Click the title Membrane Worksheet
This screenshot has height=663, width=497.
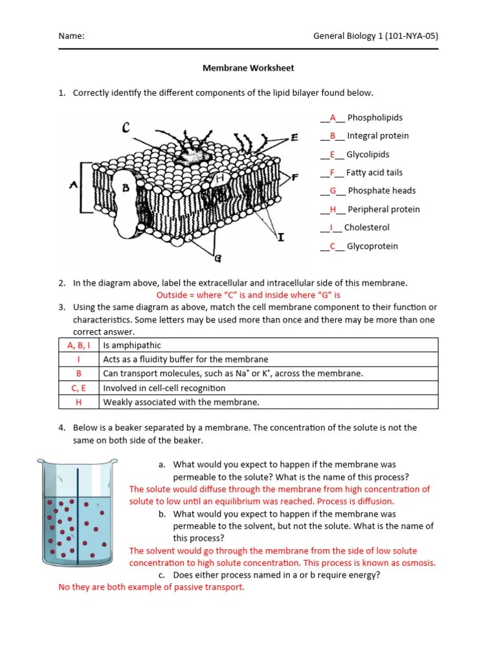[248, 67]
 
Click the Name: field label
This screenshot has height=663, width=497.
[71, 36]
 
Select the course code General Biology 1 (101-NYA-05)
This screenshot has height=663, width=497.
[375, 36]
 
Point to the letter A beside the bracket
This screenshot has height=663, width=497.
[74, 185]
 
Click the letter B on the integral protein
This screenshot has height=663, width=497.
[127, 187]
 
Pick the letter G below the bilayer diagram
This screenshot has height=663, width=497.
[217, 258]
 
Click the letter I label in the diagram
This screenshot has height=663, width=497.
[280, 238]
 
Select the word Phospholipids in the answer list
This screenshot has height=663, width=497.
[375, 118]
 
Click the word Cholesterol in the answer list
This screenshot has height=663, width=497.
[366, 227]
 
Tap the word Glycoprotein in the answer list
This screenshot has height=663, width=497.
[372, 246]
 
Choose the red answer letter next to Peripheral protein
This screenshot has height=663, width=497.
[333, 209]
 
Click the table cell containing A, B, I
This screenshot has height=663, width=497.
[79, 345]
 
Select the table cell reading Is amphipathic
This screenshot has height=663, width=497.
[132, 345]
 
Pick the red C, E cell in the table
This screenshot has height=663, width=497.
[79, 388]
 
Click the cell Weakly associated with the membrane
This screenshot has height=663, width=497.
[181, 402]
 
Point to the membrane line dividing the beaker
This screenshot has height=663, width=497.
[78, 511]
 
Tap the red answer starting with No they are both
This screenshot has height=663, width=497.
[151, 587]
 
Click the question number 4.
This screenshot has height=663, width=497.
[61, 428]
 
